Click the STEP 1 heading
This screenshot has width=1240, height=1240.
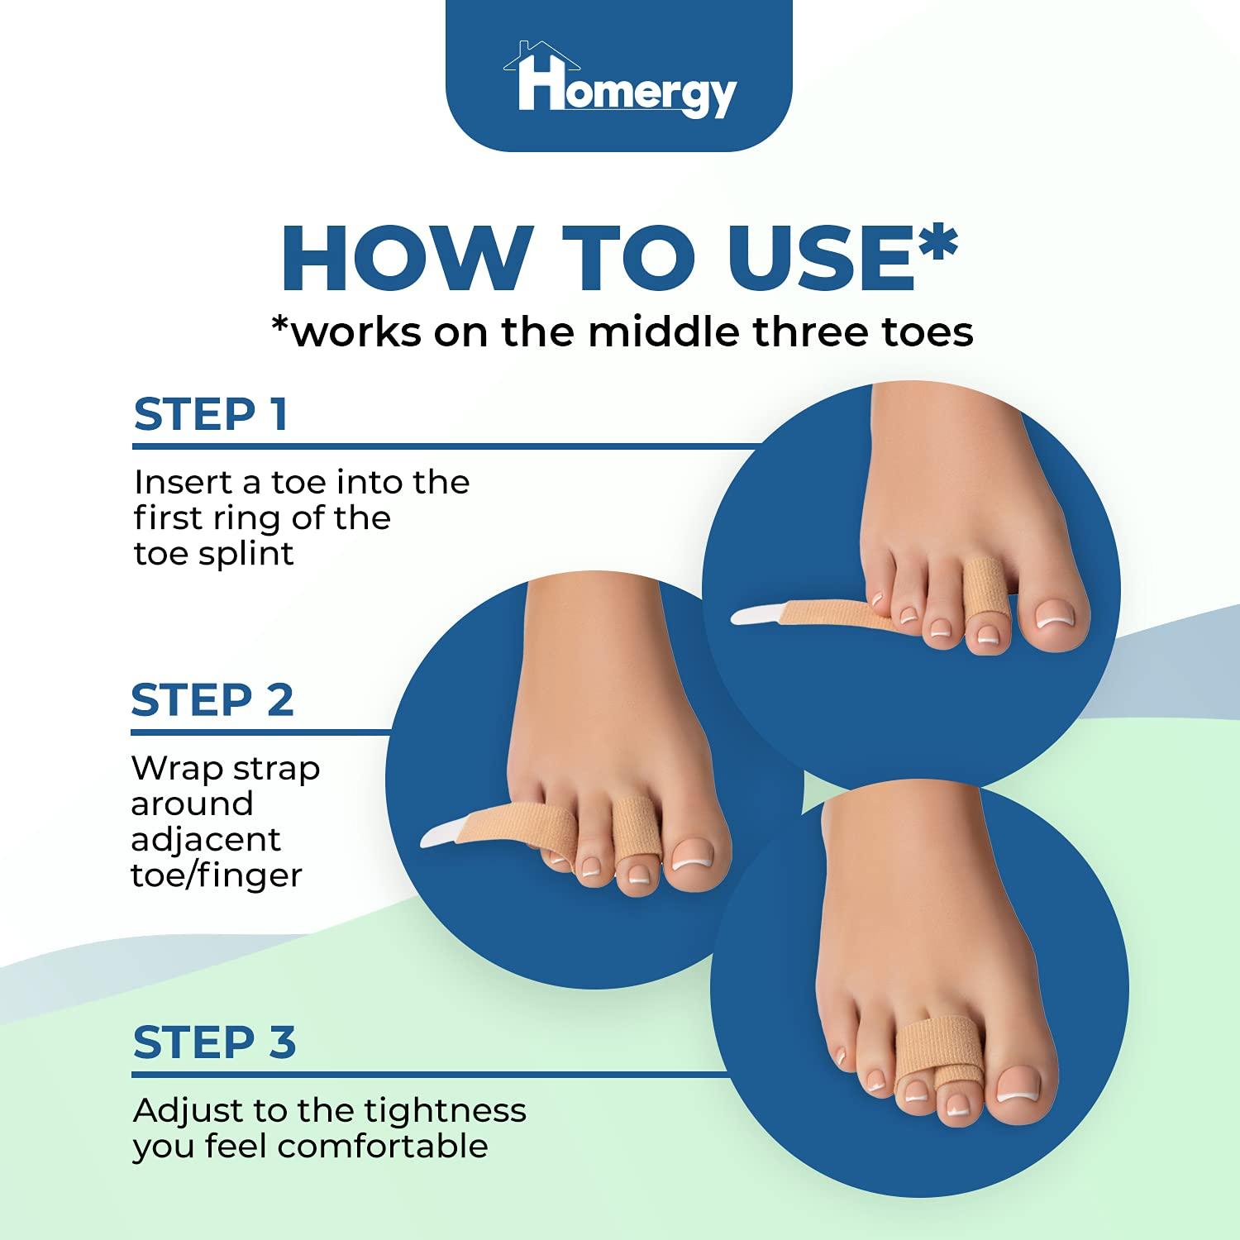tap(211, 415)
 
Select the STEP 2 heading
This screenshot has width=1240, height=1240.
tap(212, 700)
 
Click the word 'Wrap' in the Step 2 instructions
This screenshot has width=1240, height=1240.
tap(176, 769)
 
